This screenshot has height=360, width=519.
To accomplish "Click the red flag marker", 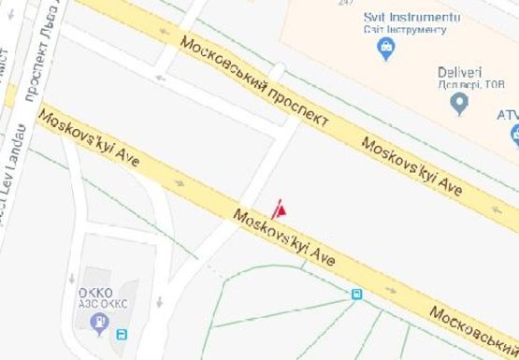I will point(280,209).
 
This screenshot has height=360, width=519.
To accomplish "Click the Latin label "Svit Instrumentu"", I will point(412,18).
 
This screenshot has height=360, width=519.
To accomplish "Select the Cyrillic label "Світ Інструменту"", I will point(404,31).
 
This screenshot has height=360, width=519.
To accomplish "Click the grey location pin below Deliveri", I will point(458,105).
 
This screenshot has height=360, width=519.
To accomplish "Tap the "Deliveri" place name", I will point(459,73).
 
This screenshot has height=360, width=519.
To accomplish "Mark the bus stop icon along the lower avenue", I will point(356,294).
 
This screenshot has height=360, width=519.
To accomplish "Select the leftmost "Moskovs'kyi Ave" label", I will point(89,137).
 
